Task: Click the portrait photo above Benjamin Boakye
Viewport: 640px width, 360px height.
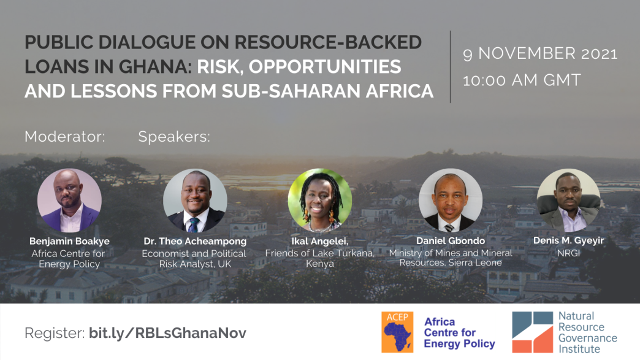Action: click(69, 201)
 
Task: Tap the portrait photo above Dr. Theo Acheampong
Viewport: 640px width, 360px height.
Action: click(195, 201)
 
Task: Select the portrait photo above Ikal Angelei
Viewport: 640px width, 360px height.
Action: click(319, 201)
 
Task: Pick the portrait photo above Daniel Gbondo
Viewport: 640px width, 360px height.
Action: click(450, 201)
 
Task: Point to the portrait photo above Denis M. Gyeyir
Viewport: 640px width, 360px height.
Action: click(568, 201)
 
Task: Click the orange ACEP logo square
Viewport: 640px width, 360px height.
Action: click(397, 332)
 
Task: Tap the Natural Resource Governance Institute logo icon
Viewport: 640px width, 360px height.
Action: click(533, 332)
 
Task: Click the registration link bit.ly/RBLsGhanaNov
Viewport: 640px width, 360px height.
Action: click(168, 333)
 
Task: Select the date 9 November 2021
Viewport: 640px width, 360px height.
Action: click(540, 53)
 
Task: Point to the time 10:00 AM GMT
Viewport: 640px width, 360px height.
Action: click(522, 80)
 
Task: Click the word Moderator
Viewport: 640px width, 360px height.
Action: click(64, 136)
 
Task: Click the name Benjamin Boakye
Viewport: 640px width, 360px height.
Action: click(69, 241)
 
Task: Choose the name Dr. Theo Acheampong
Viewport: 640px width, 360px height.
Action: click(195, 241)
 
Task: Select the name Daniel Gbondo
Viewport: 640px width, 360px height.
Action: click(451, 241)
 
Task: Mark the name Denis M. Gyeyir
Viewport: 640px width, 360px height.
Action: click(568, 240)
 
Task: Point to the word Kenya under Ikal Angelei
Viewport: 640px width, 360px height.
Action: click(320, 264)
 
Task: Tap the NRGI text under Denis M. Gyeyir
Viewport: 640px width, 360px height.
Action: click(568, 253)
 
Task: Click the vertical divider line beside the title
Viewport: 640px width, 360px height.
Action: click(450, 66)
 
